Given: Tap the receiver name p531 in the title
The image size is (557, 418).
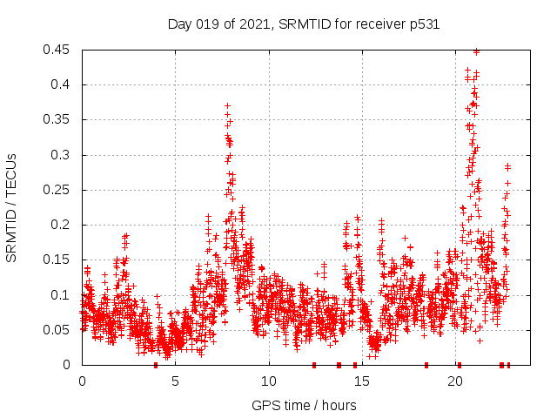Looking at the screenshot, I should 422,24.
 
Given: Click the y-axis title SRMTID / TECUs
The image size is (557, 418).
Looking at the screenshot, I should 12,207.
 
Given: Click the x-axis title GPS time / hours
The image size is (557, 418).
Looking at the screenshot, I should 304,405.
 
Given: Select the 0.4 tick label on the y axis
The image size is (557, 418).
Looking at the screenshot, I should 64,84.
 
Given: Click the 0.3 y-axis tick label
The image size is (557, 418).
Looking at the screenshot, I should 64,155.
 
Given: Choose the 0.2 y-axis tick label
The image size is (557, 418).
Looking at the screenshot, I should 64,225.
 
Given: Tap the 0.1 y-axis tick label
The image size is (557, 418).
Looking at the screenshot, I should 64,295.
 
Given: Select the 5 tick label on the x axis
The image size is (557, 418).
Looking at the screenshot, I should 175,381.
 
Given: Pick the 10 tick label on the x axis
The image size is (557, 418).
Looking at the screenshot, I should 268,381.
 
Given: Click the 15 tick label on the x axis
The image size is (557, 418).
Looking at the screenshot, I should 361,381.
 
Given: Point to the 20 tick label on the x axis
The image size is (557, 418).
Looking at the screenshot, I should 454,381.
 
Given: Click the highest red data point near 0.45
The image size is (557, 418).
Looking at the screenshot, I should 476,51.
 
